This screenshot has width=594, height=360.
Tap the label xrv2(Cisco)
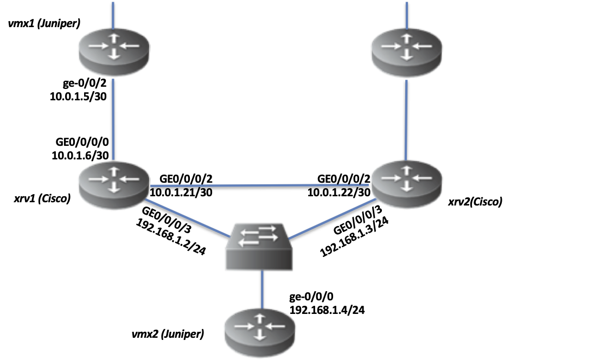click(475, 203)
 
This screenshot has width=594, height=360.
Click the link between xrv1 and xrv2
click(260, 185)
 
